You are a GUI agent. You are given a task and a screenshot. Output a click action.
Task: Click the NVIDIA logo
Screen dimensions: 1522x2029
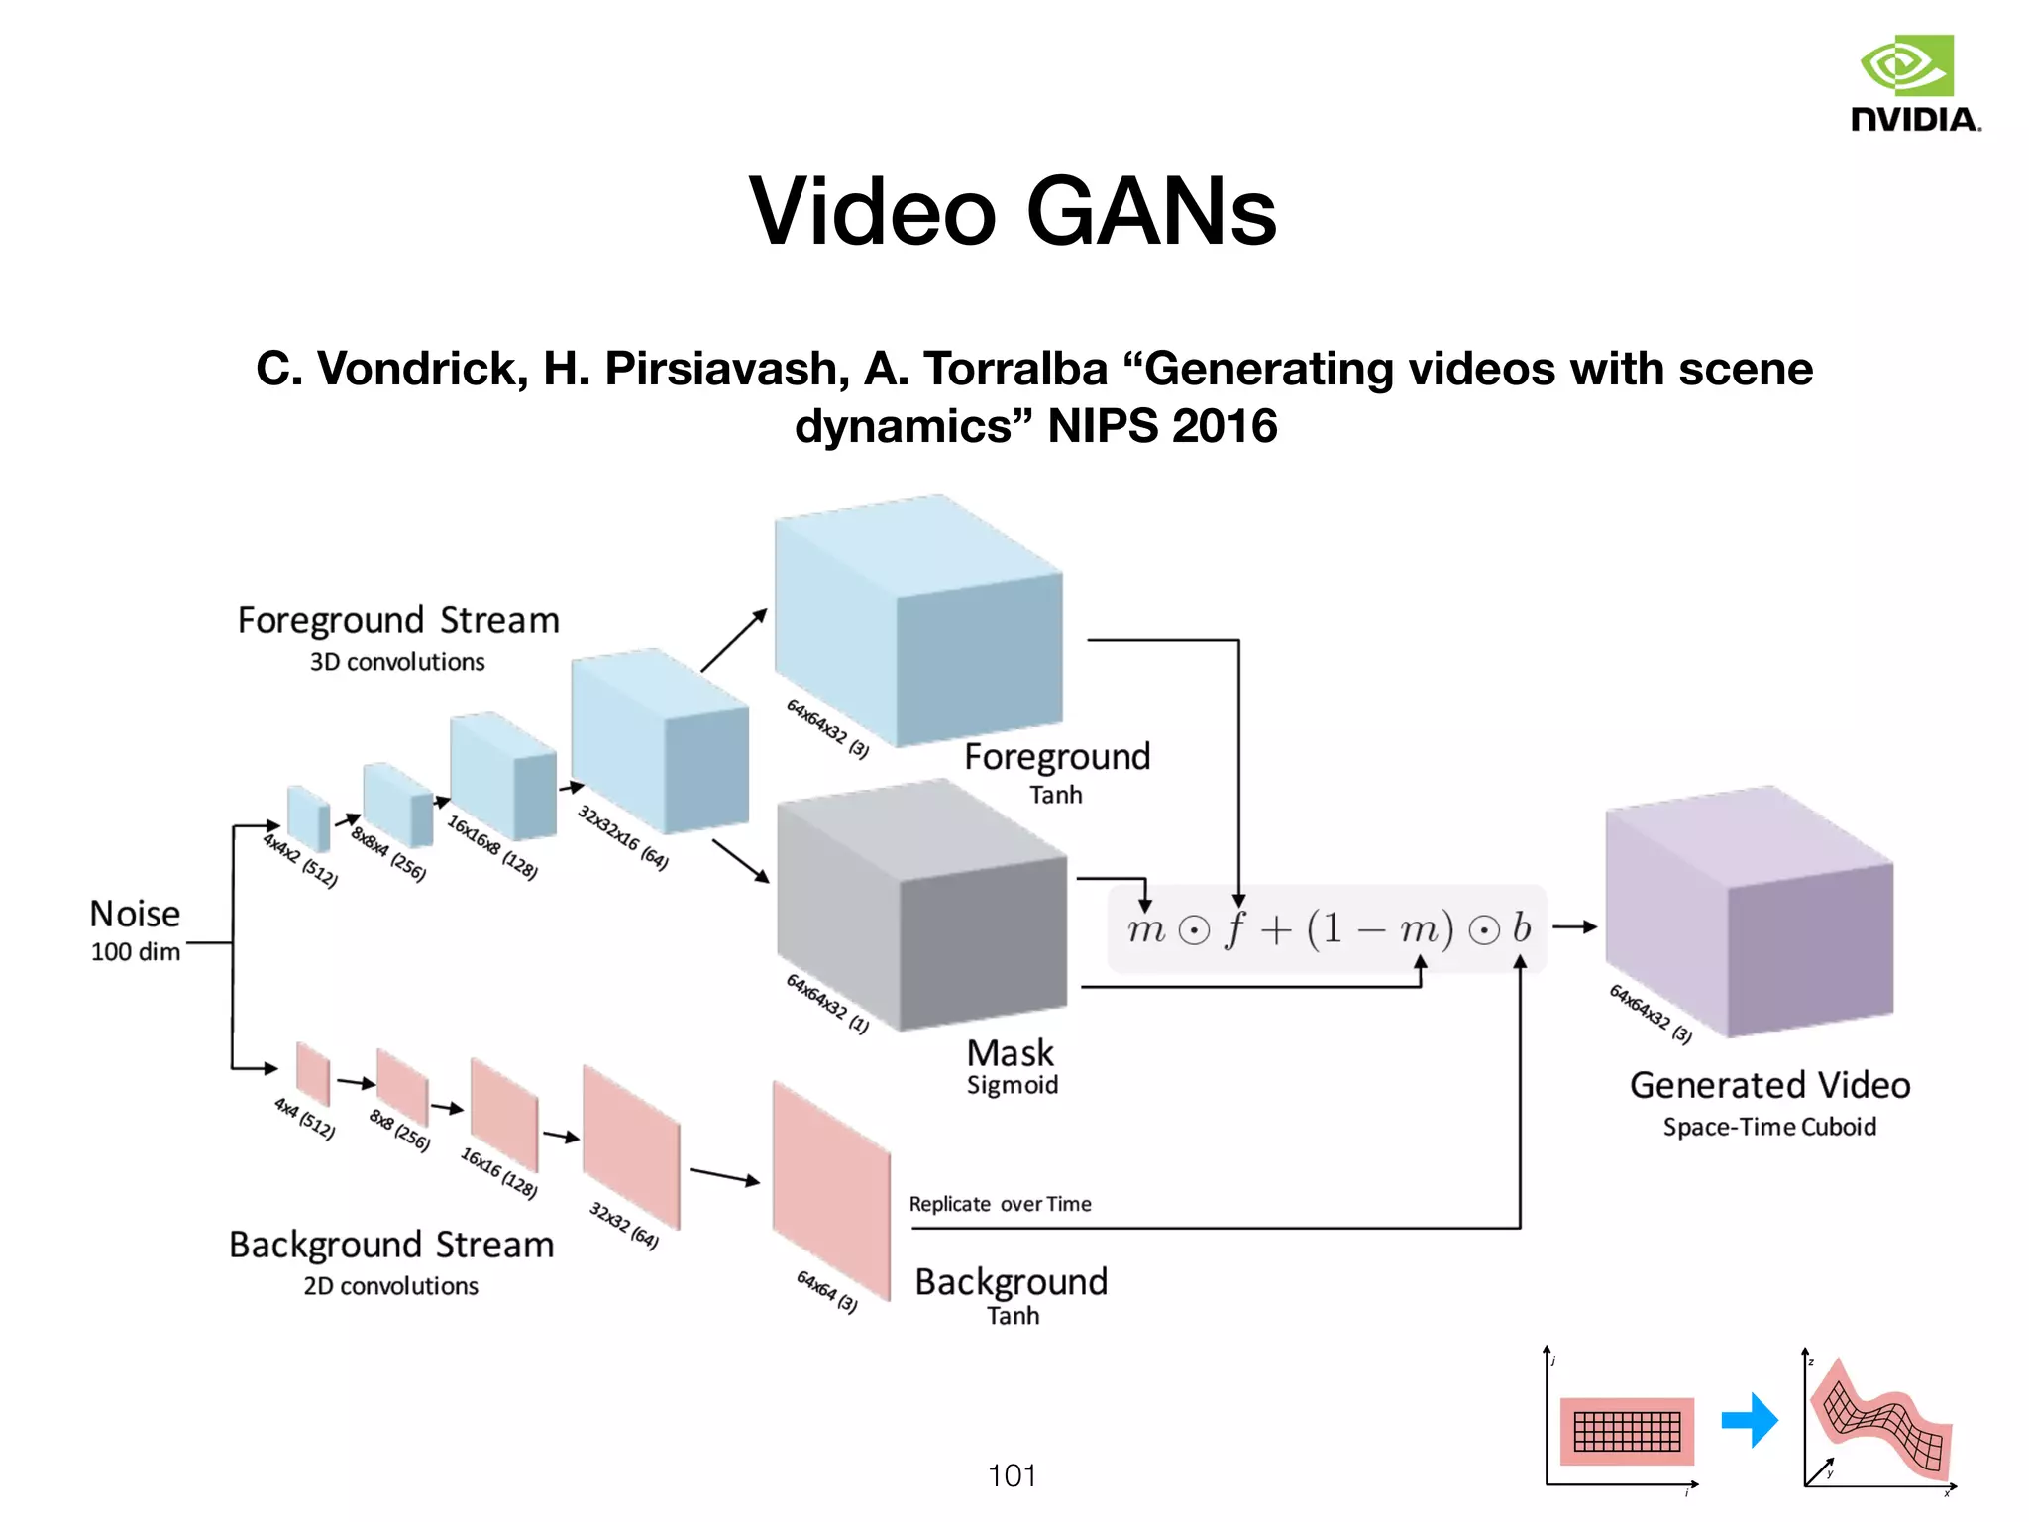[1915, 83]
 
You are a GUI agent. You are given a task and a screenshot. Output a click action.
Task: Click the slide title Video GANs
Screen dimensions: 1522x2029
[1013, 211]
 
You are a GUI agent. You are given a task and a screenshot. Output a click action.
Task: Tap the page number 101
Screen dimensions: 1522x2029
[1012, 1475]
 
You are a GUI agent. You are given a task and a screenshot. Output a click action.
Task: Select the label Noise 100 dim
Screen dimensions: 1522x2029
[136, 929]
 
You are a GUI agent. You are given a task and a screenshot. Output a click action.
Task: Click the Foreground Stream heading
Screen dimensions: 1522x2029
[398, 621]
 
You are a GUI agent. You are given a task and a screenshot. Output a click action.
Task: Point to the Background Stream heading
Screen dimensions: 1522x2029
[391, 1245]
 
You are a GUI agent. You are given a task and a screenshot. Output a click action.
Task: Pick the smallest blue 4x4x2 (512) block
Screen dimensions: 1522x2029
[308, 817]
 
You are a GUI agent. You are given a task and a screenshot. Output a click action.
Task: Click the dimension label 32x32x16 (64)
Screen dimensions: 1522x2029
[622, 838]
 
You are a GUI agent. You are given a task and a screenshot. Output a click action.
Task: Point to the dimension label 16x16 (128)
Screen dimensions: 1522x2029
[498, 1173]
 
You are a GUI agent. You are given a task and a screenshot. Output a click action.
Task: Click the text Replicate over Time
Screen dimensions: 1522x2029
[1000, 1204]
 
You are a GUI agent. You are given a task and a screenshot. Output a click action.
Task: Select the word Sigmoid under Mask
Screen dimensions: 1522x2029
[1012, 1085]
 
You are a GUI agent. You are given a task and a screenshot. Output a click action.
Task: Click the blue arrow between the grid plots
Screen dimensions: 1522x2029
[1750, 1420]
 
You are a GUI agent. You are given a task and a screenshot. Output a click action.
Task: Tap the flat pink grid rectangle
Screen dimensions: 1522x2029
[1627, 1431]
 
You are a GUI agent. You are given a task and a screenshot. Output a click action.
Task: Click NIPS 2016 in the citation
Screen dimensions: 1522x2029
[1162, 426]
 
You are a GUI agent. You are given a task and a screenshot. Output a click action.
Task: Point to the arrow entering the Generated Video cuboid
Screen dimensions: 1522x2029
[1574, 927]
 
